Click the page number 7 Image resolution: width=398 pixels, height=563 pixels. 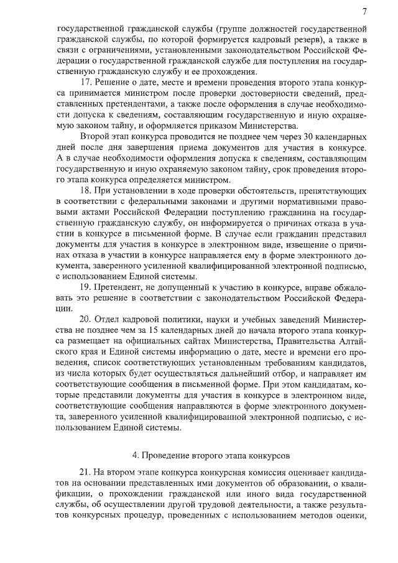pyautogui.click(x=364, y=11)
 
